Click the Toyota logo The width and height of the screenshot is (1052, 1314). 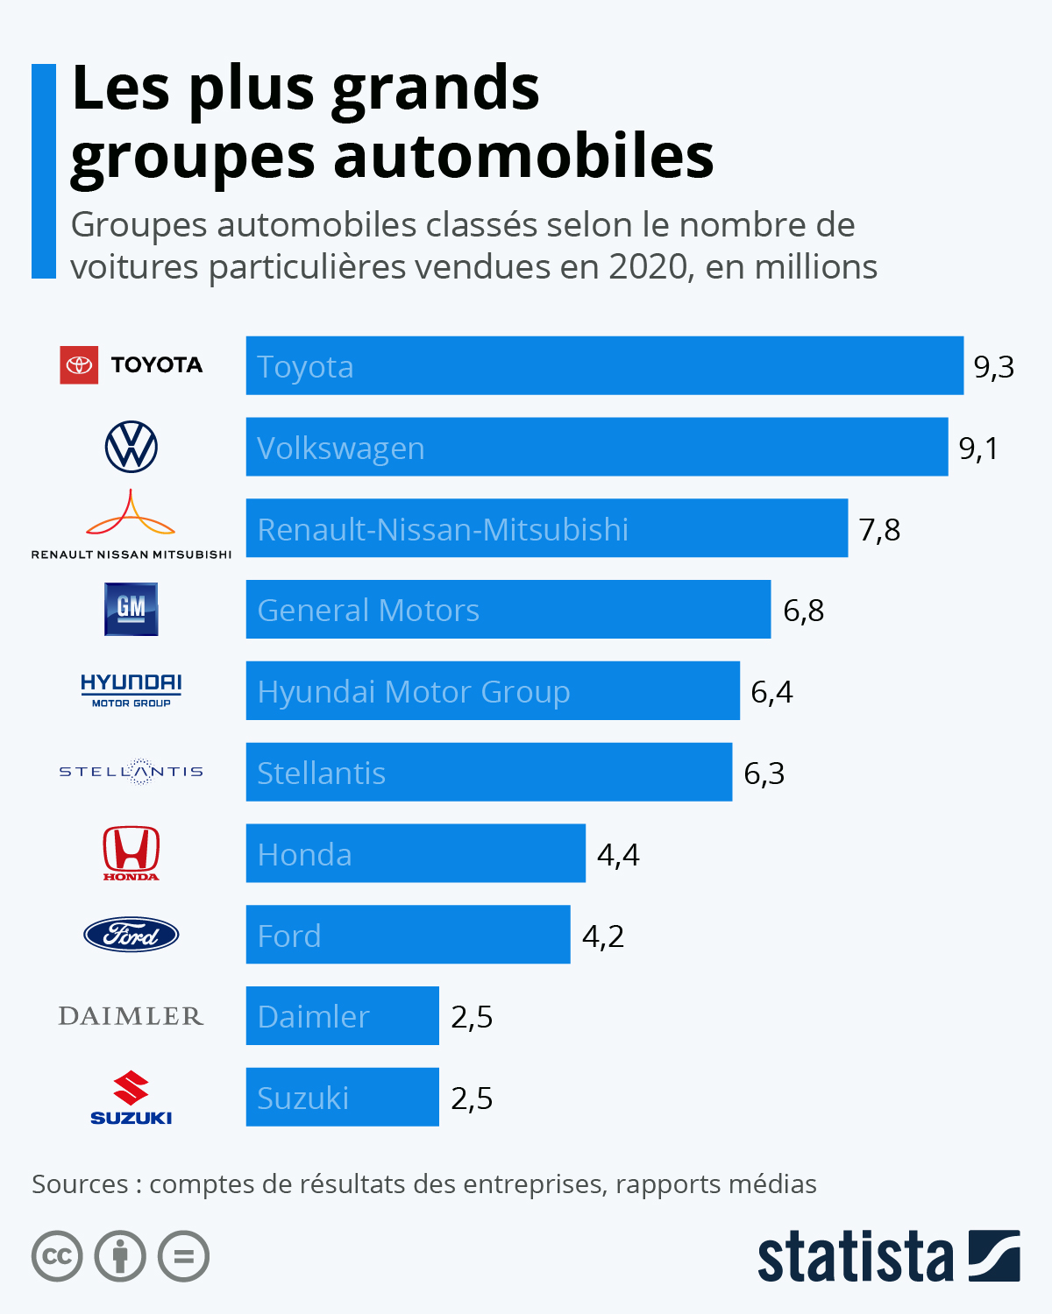(131, 364)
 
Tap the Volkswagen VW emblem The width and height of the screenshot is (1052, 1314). (131, 447)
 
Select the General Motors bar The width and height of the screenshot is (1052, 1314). (508, 610)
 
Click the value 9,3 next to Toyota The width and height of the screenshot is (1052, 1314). (993, 366)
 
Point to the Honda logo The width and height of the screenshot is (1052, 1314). (131, 852)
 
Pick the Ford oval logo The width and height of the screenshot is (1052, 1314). (131, 935)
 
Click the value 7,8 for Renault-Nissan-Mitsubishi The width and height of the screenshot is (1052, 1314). (879, 529)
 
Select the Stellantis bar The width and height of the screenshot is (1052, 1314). (488, 773)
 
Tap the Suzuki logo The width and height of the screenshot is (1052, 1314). (131, 1098)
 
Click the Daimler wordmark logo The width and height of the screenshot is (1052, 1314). (131, 1016)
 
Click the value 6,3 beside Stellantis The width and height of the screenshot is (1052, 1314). (764, 773)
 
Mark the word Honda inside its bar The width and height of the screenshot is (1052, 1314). (304, 854)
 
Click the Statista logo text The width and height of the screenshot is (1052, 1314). (855, 1257)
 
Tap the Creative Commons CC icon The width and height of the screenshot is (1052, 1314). (57, 1256)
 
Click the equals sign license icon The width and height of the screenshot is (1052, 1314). (183, 1256)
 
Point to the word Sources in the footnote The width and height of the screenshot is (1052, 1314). (80, 1184)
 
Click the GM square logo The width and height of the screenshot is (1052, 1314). (131, 609)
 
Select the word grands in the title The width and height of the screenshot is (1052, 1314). (436, 89)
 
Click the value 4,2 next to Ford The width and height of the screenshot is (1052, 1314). (603, 936)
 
